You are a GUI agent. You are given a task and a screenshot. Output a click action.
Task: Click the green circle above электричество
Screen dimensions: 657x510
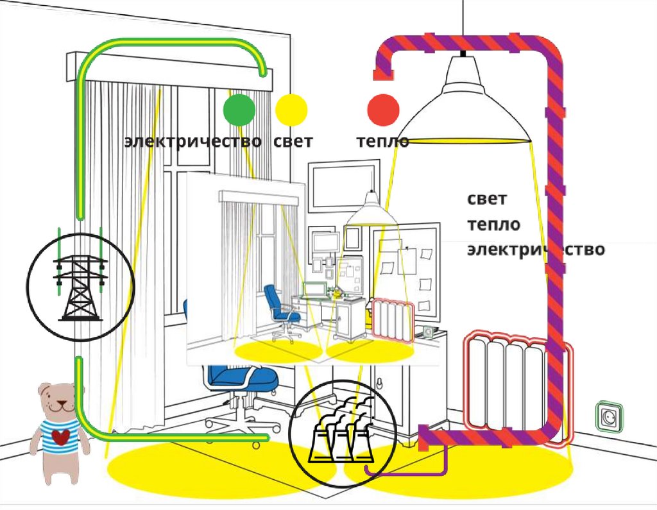pyautogui.click(x=239, y=109)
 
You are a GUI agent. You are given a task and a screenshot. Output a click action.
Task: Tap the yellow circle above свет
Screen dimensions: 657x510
pyautogui.click(x=291, y=109)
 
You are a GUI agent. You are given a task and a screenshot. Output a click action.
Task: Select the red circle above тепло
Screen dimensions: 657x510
pyautogui.click(x=384, y=109)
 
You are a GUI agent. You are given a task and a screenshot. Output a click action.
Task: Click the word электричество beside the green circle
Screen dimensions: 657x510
pyautogui.click(x=192, y=141)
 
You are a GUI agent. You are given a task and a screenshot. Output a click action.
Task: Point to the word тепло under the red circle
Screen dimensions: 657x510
pyautogui.click(x=383, y=142)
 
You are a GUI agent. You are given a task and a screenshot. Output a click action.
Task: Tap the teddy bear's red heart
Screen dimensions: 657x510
pyautogui.click(x=59, y=438)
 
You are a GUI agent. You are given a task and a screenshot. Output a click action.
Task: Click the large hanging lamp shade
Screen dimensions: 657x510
pyautogui.click(x=470, y=106)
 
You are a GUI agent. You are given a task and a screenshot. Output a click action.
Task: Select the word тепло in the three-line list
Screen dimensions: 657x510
pyautogui.click(x=493, y=225)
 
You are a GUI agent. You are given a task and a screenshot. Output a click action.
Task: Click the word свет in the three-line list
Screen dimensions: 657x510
pyautogui.click(x=487, y=200)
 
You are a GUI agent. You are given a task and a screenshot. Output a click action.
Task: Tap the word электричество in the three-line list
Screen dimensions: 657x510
pyautogui.click(x=535, y=249)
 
